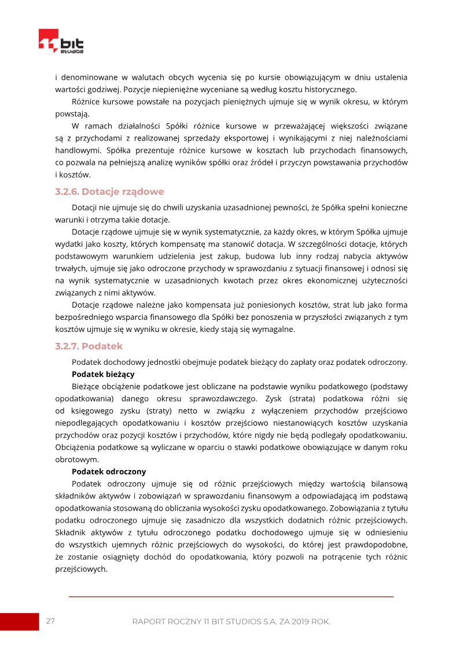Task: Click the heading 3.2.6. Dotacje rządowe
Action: pyautogui.click(x=109, y=192)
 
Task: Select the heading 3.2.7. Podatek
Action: pyautogui.click(x=89, y=346)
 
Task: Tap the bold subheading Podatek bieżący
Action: pyautogui.click(x=103, y=374)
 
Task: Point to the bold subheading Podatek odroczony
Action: pyautogui.click(x=109, y=471)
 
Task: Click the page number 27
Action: pyautogui.click(x=50, y=621)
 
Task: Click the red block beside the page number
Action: pyautogui.click(x=19, y=622)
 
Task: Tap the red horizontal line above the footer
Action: pyautogui.click(x=231, y=596)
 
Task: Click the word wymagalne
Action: pyautogui.click(x=275, y=329)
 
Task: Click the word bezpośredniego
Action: pyautogui.click(x=84, y=317)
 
